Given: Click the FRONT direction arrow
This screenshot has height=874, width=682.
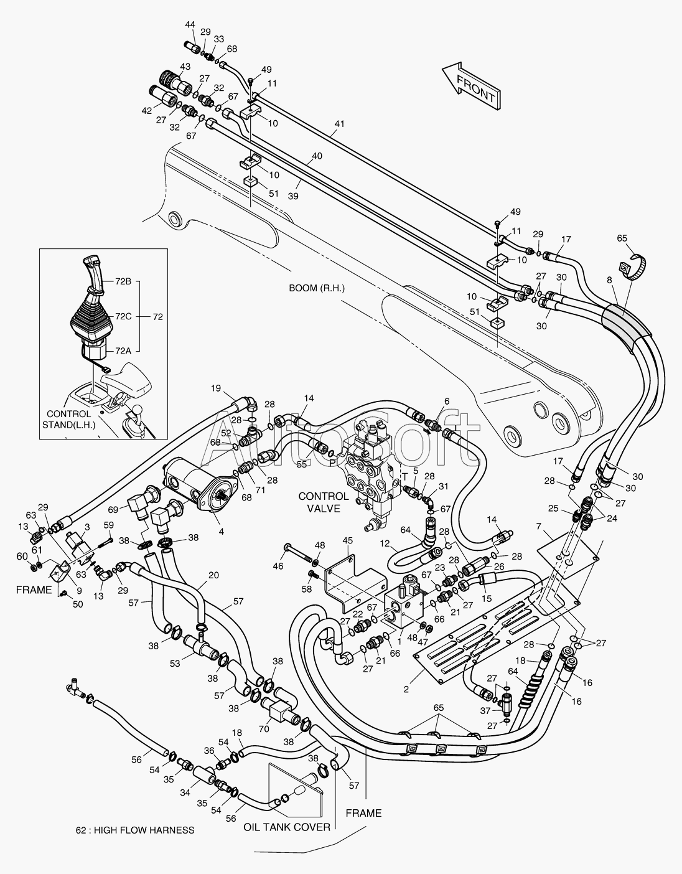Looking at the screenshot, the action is tap(472, 86).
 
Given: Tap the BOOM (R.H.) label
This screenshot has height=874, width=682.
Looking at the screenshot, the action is tap(317, 288).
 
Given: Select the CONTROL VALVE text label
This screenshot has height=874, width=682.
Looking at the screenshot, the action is tap(323, 502).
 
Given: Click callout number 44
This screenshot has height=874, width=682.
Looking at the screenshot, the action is tap(190, 24).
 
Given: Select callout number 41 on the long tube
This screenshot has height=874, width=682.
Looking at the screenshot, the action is tap(340, 123).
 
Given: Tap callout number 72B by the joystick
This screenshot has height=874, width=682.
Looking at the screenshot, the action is tap(123, 281).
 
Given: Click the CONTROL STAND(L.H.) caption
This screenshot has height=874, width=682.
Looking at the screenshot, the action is tap(68, 419).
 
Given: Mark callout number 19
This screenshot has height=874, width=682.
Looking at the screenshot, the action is tap(216, 388).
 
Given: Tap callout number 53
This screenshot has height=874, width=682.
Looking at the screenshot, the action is tap(175, 663).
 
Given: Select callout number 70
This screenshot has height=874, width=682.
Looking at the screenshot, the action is tap(264, 728).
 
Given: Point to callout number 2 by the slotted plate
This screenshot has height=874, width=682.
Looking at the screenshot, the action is tap(406, 689).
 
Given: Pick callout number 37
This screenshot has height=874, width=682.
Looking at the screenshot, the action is tap(485, 711).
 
